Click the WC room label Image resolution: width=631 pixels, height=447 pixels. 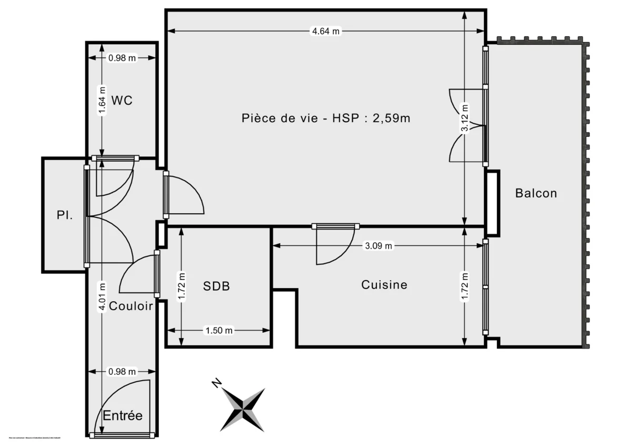[122, 100]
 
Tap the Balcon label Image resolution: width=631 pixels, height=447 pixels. [536, 193]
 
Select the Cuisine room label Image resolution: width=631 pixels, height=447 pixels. [384, 285]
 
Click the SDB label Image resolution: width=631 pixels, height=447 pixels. [217, 286]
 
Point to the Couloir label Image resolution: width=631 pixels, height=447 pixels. [131, 306]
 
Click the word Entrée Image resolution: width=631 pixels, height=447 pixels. [123, 415]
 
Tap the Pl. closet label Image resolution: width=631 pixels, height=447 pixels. [65, 215]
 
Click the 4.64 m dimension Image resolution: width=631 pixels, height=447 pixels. [326, 31]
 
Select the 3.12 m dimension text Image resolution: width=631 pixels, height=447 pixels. [464, 120]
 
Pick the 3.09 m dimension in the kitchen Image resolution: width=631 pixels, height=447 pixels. [379, 246]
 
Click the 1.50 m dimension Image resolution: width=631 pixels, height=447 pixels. [219, 331]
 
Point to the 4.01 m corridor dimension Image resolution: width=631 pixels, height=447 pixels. [102, 297]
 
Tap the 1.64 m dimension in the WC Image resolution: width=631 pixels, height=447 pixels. [102, 101]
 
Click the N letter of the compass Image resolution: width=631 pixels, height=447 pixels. [216, 383]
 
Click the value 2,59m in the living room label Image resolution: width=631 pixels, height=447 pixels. [391, 118]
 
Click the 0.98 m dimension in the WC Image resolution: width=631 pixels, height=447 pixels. [122, 58]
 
